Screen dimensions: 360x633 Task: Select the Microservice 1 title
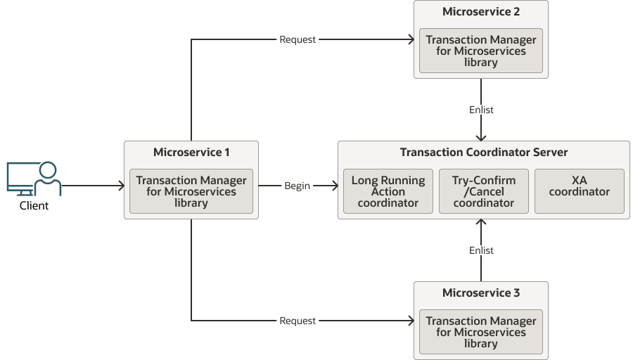click(191, 152)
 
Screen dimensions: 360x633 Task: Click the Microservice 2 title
click(480, 11)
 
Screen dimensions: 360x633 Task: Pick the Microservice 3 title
click(480, 292)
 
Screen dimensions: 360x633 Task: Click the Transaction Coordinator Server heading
click(483, 152)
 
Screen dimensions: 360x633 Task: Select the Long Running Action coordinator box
click(388, 191)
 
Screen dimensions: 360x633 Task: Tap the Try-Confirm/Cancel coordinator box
click(483, 191)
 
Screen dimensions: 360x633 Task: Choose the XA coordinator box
click(579, 191)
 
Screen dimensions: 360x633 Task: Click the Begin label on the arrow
click(297, 186)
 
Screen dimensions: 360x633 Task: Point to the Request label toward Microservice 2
click(298, 39)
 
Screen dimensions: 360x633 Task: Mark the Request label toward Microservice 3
click(298, 321)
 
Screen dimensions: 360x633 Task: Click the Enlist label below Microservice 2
click(481, 110)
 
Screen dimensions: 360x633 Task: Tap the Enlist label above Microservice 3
click(481, 250)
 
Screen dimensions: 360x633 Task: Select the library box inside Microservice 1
click(191, 191)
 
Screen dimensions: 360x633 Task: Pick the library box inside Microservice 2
click(481, 51)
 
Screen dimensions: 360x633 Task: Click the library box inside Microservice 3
click(481, 332)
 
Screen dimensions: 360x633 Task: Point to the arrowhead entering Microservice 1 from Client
click(120, 186)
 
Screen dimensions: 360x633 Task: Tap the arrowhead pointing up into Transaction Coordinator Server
click(481, 224)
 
